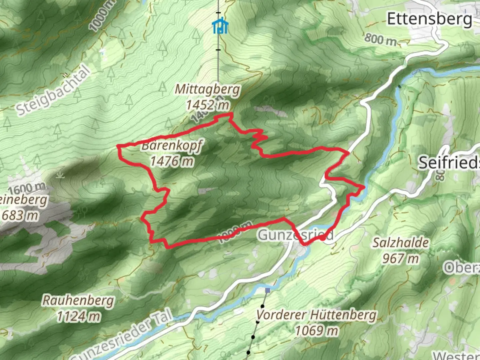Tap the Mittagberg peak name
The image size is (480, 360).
pyautogui.click(x=207, y=89)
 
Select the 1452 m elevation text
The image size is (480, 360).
pyautogui.click(x=207, y=105)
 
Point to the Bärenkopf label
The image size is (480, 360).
pyautogui.click(x=172, y=146)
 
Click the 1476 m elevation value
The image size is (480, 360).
pyautogui.click(x=172, y=161)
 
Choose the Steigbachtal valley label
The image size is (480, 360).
pyautogui.click(x=53, y=90)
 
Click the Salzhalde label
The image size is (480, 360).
pyautogui.click(x=400, y=243)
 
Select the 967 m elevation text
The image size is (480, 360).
pyautogui.click(x=400, y=258)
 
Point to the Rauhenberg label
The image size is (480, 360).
pyautogui.click(x=78, y=300)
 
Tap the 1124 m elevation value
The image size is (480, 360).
pyautogui.click(x=78, y=316)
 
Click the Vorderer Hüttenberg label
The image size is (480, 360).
pyautogui.click(x=316, y=315)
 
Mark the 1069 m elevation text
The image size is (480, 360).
pyautogui.click(x=316, y=331)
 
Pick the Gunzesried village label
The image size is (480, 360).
pyautogui.click(x=295, y=235)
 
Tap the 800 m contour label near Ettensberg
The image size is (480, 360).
pyautogui.click(x=380, y=39)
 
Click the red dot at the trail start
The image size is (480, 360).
pyautogui.click(x=323, y=238)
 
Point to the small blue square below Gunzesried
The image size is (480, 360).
pyautogui.click(x=268, y=290)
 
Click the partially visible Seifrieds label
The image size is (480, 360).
pyautogui.click(x=449, y=163)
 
